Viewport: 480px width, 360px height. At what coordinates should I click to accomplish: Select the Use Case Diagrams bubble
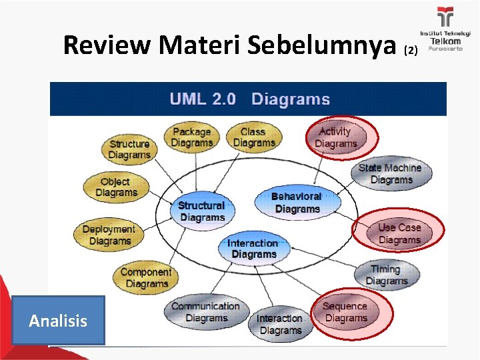(x=399, y=233)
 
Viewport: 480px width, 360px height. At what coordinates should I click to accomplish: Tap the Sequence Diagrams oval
(x=345, y=312)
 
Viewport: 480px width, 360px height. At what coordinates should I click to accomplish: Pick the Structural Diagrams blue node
(x=201, y=211)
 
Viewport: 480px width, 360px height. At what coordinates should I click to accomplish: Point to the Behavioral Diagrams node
(x=297, y=203)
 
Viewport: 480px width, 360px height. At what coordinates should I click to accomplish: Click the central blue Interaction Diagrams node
(x=253, y=249)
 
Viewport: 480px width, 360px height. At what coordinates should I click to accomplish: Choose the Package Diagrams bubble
(x=191, y=137)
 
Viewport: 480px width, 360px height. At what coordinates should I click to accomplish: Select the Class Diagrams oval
(x=253, y=137)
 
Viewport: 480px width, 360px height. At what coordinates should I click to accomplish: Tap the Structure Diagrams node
(x=129, y=149)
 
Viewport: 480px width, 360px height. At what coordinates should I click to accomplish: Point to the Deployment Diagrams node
(x=108, y=235)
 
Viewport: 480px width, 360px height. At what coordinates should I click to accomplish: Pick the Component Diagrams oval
(x=145, y=277)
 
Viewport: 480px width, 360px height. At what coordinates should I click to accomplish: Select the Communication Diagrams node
(x=205, y=312)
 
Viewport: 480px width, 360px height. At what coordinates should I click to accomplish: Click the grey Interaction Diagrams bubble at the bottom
(x=280, y=324)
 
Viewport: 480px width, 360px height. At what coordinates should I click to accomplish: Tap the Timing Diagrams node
(x=386, y=275)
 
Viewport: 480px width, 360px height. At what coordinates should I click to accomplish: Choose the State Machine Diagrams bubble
(x=390, y=173)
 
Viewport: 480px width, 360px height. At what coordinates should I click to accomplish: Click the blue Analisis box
(x=58, y=321)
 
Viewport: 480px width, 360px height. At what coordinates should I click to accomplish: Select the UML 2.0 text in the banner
(x=203, y=99)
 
